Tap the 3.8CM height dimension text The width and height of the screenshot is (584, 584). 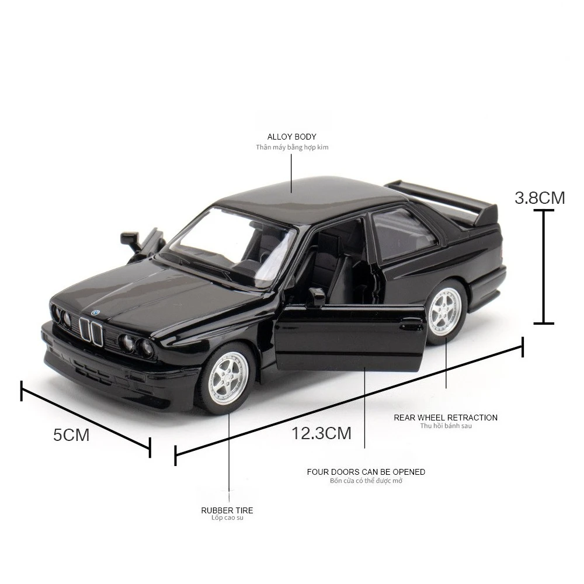coord(540,198)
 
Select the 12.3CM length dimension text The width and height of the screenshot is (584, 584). coord(322,433)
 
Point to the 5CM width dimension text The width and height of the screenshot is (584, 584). coord(71,435)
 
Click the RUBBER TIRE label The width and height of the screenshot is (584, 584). coord(227,510)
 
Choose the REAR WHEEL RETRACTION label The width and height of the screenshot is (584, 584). coord(446,418)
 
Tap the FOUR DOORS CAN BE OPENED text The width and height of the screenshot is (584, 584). coord(366,472)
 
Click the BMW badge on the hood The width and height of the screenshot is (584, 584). coord(96,312)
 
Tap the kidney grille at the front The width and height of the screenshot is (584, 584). coord(91,332)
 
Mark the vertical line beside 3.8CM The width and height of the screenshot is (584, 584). coord(544,266)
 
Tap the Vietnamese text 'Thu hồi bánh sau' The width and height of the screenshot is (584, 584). coord(446,426)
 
